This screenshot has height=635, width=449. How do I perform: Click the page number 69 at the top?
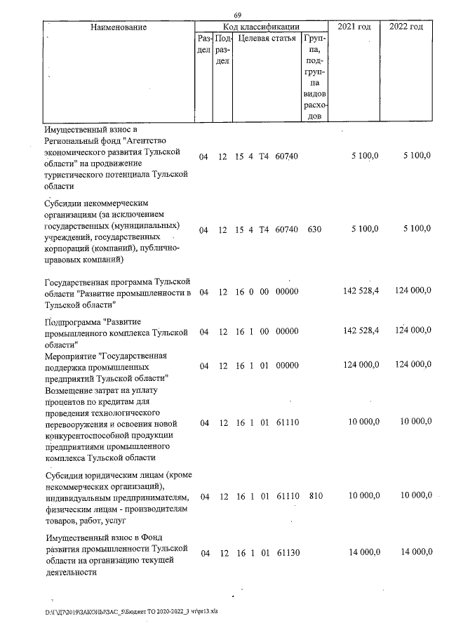click(x=237, y=15)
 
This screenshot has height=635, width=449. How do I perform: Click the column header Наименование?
click(x=117, y=27)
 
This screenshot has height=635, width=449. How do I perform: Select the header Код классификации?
click(x=261, y=27)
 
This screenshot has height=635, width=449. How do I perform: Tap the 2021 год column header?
click(x=354, y=27)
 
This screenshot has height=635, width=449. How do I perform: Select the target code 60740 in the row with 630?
click(x=288, y=229)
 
